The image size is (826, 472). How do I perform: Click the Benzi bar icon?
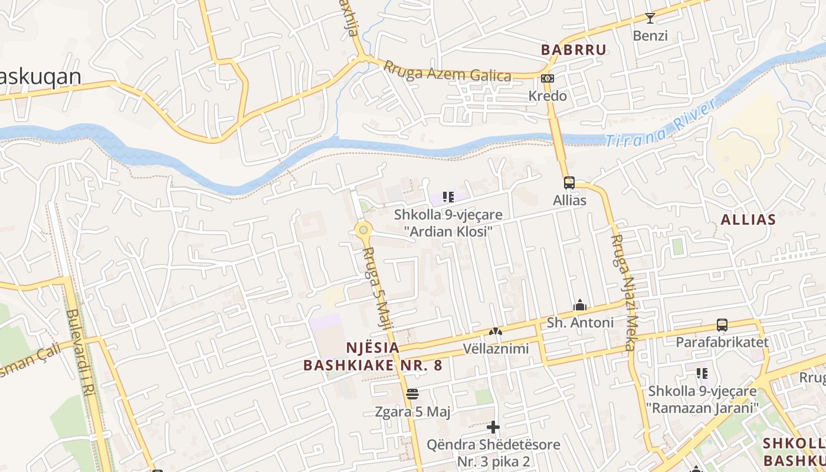point(650,18)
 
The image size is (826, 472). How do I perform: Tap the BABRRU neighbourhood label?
point(573,50)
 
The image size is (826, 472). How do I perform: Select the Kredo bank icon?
point(547,78)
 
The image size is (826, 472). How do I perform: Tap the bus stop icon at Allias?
point(569,183)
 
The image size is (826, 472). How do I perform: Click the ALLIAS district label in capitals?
point(748,220)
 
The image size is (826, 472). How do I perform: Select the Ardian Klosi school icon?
point(448,197)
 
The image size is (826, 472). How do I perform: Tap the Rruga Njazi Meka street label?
point(623,293)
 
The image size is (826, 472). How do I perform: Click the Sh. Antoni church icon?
point(579,306)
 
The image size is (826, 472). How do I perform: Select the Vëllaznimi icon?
point(496,332)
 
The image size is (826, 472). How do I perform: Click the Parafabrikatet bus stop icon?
point(722,325)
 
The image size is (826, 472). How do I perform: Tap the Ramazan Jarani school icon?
point(702,373)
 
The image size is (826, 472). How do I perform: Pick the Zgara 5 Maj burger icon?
point(412,394)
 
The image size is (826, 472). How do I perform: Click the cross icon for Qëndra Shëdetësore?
point(494,427)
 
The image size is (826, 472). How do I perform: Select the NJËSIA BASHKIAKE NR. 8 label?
point(372,356)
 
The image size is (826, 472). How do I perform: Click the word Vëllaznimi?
point(496,349)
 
